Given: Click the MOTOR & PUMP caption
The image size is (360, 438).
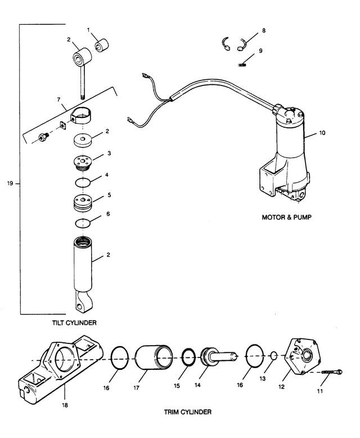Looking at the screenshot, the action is pyautogui.click(x=286, y=217).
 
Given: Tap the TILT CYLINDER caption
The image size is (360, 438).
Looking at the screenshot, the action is pyautogui.click(x=74, y=323).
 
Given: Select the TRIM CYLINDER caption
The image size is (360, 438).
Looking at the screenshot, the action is pyautogui.click(x=187, y=412).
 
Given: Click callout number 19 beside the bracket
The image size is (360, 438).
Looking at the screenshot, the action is pyautogui.click(x=10, y=184).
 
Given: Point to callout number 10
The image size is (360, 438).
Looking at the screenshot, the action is pyautogui.click(x=322, y=133).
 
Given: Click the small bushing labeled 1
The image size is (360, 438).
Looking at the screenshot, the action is pyautogui.click(x=101, y=46).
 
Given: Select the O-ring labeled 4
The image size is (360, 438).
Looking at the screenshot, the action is pyautogui.click(x=83, y=182).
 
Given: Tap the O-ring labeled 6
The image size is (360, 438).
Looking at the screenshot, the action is pyautogui.click(x=83, y=223).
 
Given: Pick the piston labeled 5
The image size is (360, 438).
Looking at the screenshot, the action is pyautogui.click(x=83, y=203).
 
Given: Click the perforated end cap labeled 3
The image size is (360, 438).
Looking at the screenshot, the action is pyautogui.click(x=83, y=163).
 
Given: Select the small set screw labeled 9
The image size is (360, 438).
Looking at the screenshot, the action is pyautogui.click(x=242, y=65).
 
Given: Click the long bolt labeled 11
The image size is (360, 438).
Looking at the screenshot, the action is pyautogui.click(x=331, y=372).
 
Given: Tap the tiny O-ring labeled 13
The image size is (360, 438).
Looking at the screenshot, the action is pyautogui.click(x=274, y=356).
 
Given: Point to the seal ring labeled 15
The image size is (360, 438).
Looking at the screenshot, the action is pyautogui.click(x=188, y=357).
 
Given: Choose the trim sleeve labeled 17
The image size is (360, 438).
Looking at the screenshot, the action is pyautogui.click(x=154, y=357).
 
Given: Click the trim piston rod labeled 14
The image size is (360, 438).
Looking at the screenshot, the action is pyautogui.click(x=218, y=356).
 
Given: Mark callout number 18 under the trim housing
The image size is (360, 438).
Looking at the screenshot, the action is pyautogui.click(x=65, y=405).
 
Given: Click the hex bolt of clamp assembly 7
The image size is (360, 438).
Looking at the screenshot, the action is pyautogui.click(x=43, y=137).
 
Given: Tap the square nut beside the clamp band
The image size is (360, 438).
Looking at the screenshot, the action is pyautogui.click(x=64, y=125).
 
